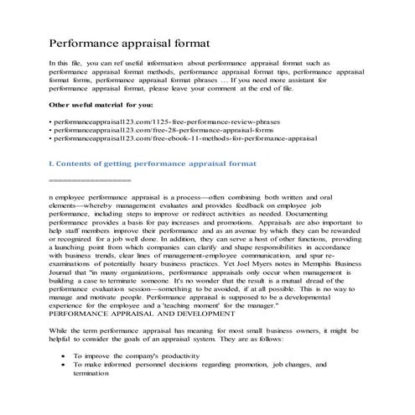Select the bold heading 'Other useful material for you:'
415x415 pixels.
tap(99, 104)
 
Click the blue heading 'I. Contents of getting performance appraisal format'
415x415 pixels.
tap(152, 166)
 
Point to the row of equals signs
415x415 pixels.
tap(89, 180)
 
